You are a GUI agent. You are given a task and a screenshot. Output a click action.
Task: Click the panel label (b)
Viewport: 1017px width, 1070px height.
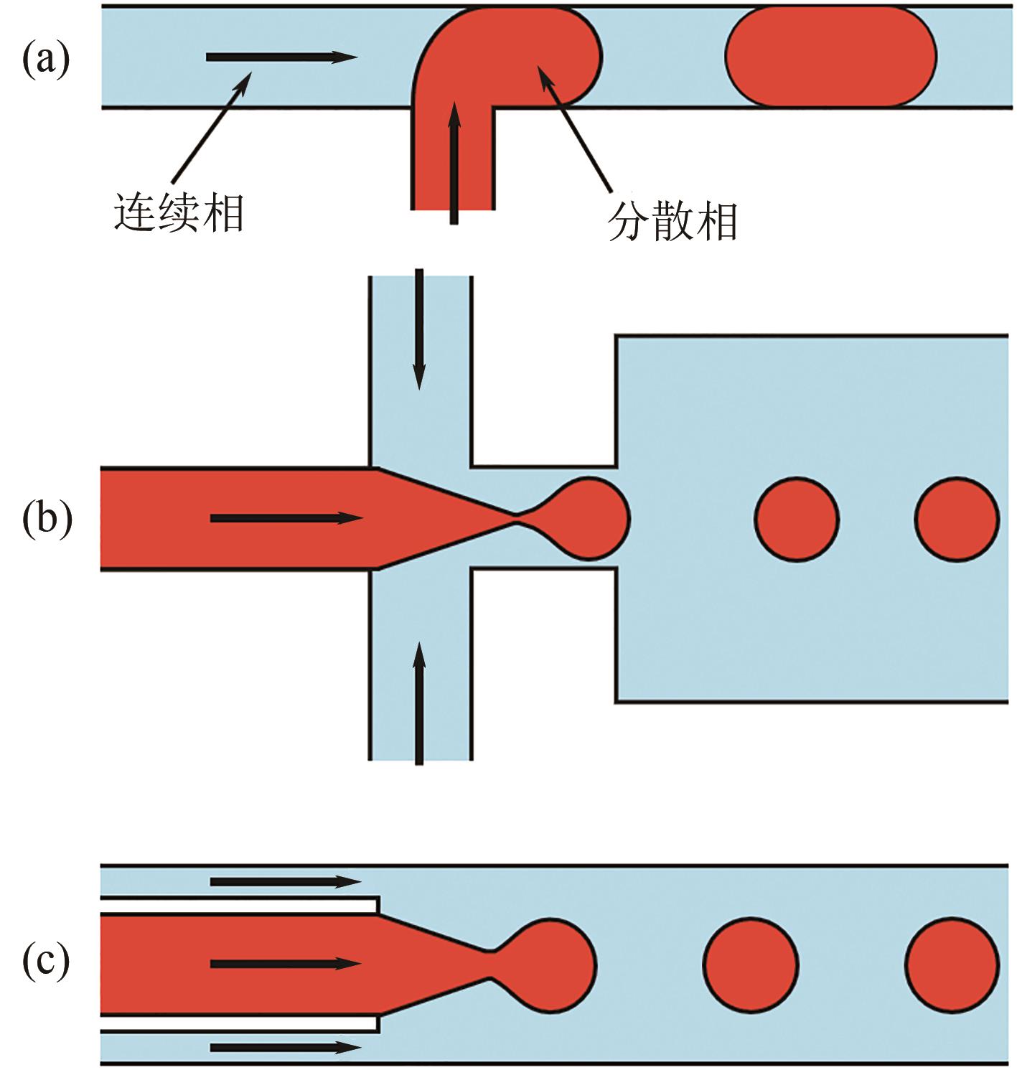47,518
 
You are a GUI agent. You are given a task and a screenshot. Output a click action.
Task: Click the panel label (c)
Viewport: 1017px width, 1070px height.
46,962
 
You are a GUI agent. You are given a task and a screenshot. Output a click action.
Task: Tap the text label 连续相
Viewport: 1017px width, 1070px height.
179,214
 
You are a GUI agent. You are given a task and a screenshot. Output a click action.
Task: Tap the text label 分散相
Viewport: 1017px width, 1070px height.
672,222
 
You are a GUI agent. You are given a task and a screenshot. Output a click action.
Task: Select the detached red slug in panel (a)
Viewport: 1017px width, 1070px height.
830,57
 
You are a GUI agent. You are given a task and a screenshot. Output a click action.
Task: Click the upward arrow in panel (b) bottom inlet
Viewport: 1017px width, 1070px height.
420,703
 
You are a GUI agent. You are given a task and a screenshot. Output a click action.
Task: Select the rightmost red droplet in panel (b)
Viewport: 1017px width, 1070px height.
956,518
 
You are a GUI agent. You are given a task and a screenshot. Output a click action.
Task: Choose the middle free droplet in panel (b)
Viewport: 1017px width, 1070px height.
796,518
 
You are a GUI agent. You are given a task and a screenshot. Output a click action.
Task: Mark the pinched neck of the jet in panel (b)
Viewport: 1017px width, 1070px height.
517,514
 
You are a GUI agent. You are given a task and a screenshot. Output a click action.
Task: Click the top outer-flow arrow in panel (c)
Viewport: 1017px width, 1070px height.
285,881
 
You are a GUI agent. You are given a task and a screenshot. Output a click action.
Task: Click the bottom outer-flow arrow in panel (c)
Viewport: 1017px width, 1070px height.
285,1048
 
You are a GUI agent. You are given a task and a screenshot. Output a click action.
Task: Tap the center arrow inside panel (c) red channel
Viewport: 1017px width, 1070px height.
285,964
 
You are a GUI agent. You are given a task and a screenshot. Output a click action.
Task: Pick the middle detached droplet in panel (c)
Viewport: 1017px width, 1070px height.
751,965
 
